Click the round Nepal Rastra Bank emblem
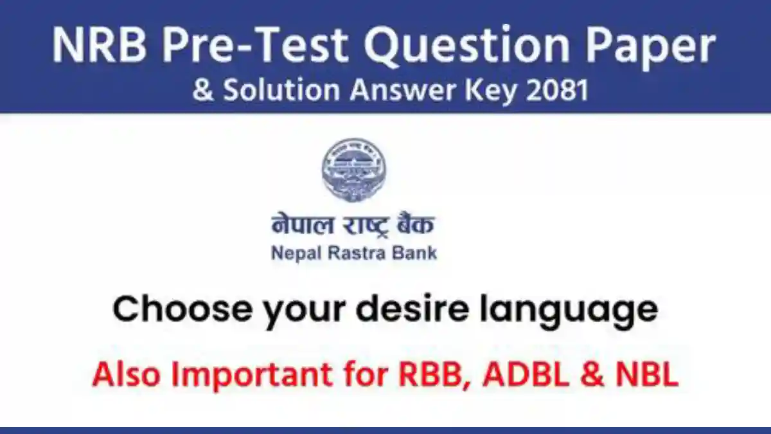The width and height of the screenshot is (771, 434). click(354, 169)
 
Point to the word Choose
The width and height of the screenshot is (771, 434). click(171, 310)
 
